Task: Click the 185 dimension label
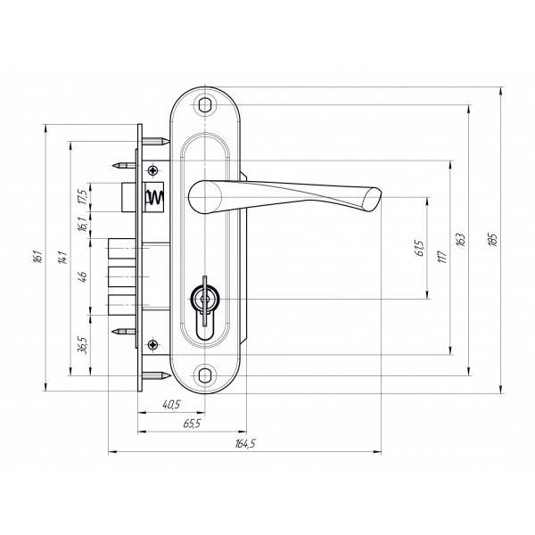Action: point(491,239)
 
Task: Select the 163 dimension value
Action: point(460,239)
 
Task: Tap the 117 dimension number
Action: point(440,257)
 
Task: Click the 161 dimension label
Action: point(37,257)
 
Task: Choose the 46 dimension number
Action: point(83,276)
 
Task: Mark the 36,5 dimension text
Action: point(83,345)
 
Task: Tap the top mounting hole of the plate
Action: point(207,104)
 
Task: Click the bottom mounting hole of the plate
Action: point(207,375)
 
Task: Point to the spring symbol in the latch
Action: point(153,197)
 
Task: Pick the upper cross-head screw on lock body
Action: point(153,169)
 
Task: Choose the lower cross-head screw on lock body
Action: point(153,344)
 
